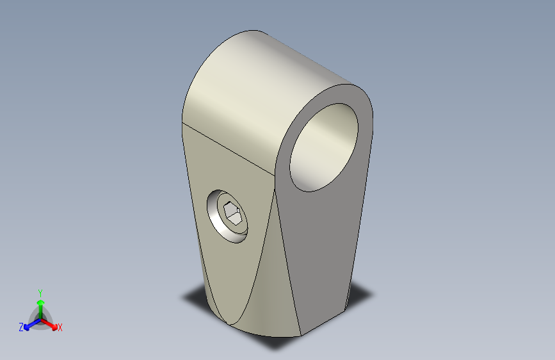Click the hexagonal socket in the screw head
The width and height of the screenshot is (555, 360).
coord(232,213)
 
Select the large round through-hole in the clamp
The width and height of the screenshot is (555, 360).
coord(324,147)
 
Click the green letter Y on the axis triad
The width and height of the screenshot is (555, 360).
coord(40,293)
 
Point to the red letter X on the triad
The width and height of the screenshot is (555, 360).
coord(60,327)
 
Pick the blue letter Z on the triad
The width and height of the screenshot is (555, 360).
coord(21,327)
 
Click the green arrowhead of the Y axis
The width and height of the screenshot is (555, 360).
coord(40,303)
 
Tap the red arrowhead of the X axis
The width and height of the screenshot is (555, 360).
coord(54,326)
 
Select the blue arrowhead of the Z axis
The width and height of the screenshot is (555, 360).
coord(27,327)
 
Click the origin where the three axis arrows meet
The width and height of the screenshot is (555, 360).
coord(40,320)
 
